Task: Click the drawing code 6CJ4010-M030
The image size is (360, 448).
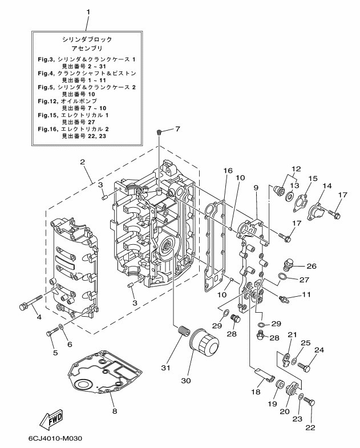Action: [54, 439]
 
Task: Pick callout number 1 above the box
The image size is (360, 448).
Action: [88, 11]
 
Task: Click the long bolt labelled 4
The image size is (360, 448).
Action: [32, 303]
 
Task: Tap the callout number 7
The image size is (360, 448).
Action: [177, 129]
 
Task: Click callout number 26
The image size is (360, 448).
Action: [312, 266]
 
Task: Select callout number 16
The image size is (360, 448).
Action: [228, 171]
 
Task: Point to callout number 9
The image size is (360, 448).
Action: [256, 188]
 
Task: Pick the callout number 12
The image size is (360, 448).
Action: [296, 169]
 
